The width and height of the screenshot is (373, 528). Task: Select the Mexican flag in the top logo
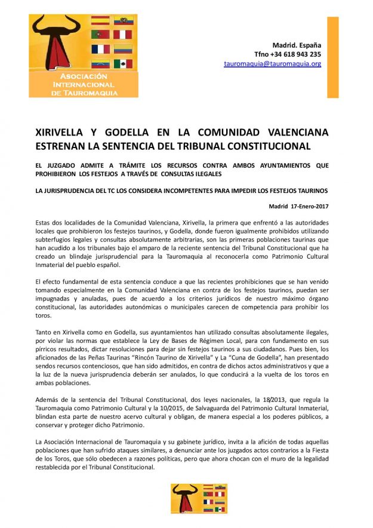pos(123,63)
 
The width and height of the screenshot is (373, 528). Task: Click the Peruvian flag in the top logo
pos(123,35)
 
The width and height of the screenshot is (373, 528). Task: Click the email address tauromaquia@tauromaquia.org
pos(272,63)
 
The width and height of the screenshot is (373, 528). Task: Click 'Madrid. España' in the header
pos(297,45)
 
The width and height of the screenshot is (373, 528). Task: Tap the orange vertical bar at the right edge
pos(332,57)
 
